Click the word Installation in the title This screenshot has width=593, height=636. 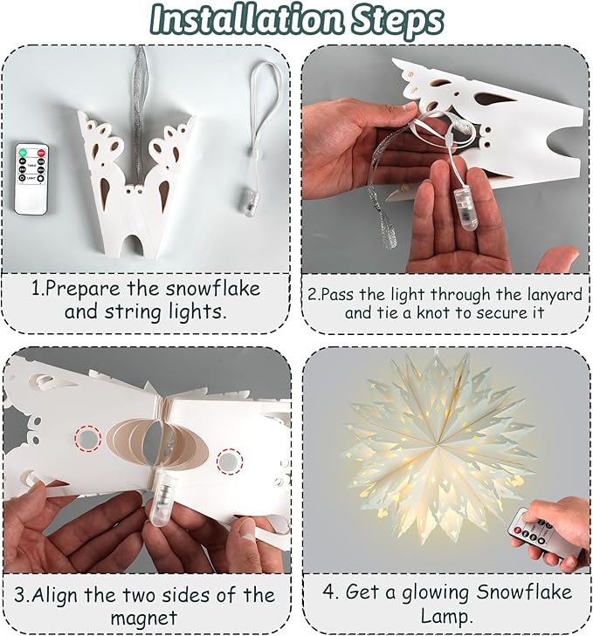[x=246, y=19]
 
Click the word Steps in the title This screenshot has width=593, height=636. [x=396, y=20]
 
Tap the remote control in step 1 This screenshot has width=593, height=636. [x=31, y=179]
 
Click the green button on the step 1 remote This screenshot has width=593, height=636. [x=22, y=153]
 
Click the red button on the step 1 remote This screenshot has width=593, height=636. [x=41, y=154]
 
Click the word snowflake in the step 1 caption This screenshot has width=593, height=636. [x=213, y=289]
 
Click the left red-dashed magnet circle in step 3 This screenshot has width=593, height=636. [x=88, y=438]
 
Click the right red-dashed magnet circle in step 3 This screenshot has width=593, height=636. [x=230, y=462]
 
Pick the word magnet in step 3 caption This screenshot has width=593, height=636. [x=144, y=619]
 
